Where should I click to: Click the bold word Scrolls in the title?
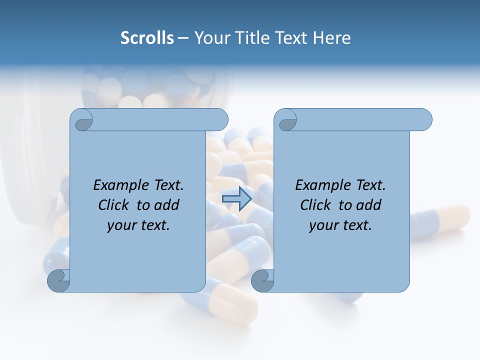(147, 38)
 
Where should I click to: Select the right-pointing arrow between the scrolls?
(236, 199)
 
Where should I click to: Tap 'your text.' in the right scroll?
(340, 225)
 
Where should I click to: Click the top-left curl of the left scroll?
(81, 120)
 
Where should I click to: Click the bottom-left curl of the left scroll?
(59, 280)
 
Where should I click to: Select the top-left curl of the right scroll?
(286, 120)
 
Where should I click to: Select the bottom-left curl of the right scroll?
(262, 280)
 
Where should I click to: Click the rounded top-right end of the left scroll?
(220, 120)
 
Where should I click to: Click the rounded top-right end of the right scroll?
(424, 120)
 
